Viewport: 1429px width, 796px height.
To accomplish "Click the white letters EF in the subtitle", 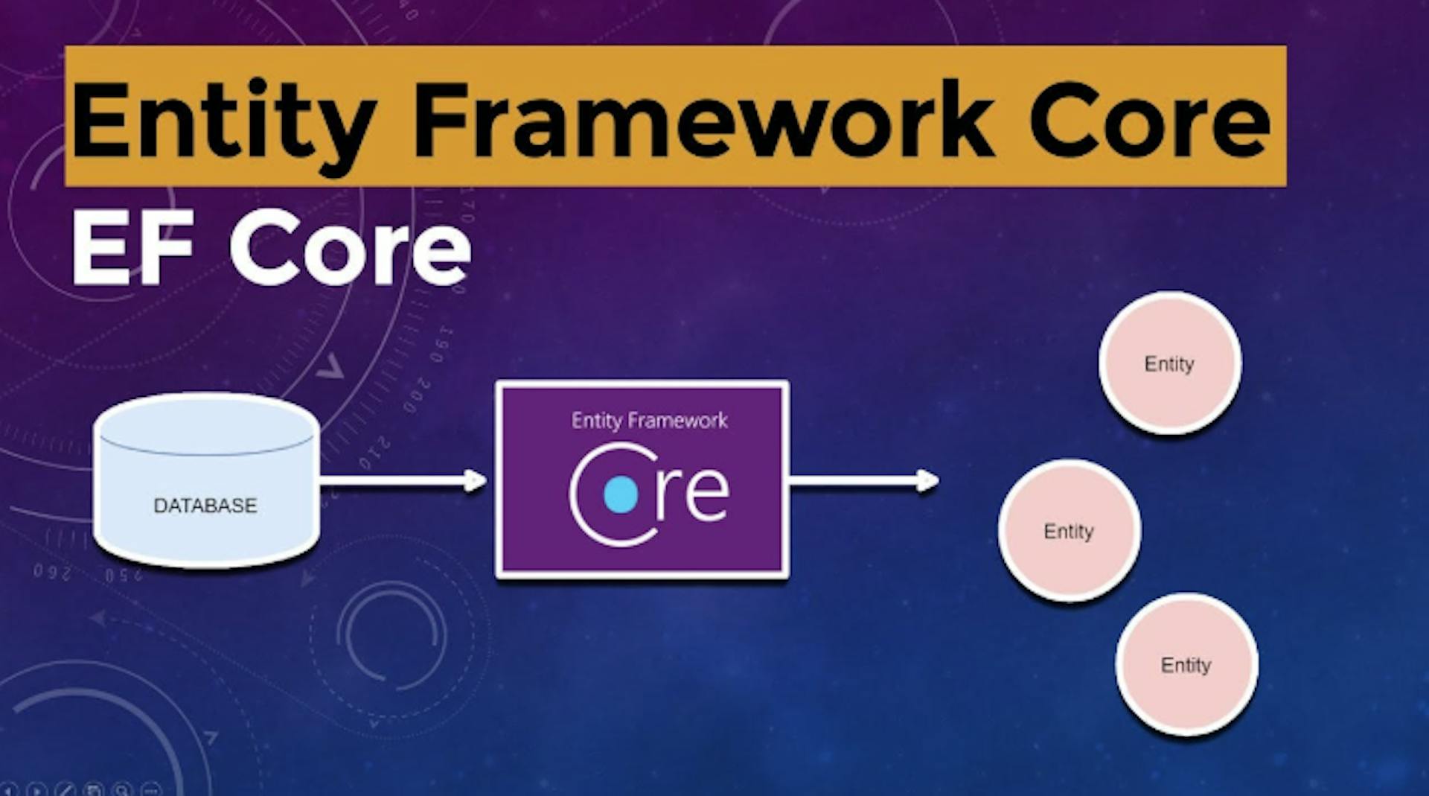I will (132, 247).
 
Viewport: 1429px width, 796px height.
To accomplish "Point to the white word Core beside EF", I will (350, 247).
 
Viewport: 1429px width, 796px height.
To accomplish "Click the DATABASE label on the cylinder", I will (205, 506).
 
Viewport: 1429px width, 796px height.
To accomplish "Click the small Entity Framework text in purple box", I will (649, 421).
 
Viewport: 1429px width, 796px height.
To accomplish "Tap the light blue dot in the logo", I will (621, 495).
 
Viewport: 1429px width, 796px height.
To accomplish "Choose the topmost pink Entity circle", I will (1169, 363).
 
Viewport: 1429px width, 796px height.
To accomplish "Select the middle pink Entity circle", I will (1069, 531).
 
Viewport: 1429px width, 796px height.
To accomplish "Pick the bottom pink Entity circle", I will (1186, 664).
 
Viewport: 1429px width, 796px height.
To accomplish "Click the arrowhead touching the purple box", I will (475, 481).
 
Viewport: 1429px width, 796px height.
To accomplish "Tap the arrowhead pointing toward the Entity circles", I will (927, 481).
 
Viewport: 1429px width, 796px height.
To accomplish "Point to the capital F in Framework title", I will (439, 119).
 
